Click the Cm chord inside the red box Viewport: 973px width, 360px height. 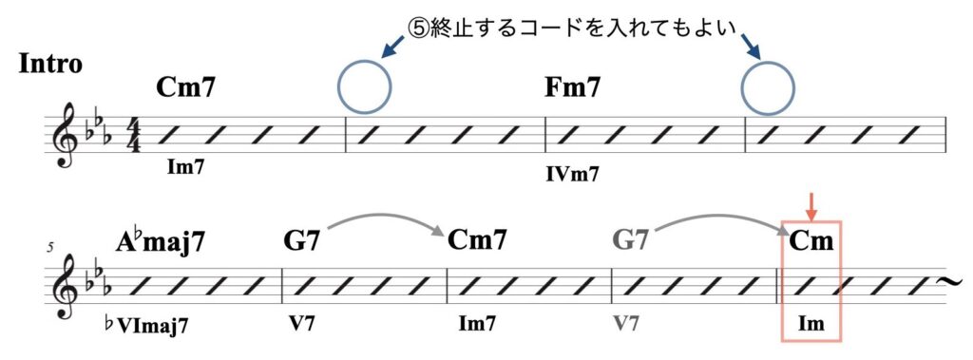coord(811,241)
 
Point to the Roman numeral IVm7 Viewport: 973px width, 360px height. coord(572,175)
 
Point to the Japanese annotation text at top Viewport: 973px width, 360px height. coord(573,26)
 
